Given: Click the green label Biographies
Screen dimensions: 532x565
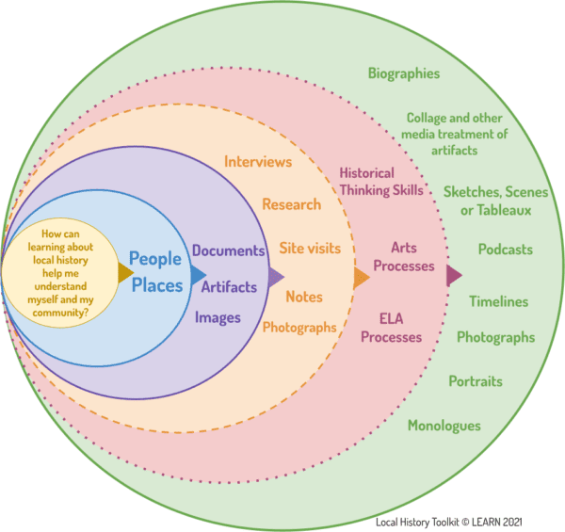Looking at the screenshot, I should click(x=404, y=73).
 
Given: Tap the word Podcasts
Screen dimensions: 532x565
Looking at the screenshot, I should click(x=505, y=250).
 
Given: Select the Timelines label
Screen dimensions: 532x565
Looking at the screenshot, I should click(x=498, y=302).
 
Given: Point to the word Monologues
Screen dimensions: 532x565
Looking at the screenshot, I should click(x=444, y=426).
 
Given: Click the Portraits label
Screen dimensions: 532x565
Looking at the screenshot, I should click(x=475, y=382).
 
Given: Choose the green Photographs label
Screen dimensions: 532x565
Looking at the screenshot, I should click(x=495, y=337).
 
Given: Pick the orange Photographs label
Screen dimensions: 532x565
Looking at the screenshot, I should click(x=299, y=328).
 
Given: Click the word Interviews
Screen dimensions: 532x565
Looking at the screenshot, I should click(x=258, y=162).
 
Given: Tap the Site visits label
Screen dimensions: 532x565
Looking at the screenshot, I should click(x=309, y=249).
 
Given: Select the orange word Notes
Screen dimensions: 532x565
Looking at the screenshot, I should click(x=304, y=297).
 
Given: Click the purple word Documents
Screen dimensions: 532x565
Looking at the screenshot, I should click(x=229, y=251).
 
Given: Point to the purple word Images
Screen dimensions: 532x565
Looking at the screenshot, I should click(x=218, y=318).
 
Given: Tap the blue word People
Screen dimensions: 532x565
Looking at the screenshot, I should click(x=155, y=258).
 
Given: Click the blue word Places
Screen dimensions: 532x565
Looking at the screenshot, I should click(x=155, y=284).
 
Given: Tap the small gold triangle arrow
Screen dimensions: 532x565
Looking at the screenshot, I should click(x=125, y=274).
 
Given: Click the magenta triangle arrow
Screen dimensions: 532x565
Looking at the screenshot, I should click(x=454, y=276).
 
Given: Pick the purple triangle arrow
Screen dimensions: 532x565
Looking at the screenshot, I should click(x=277, y=277).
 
